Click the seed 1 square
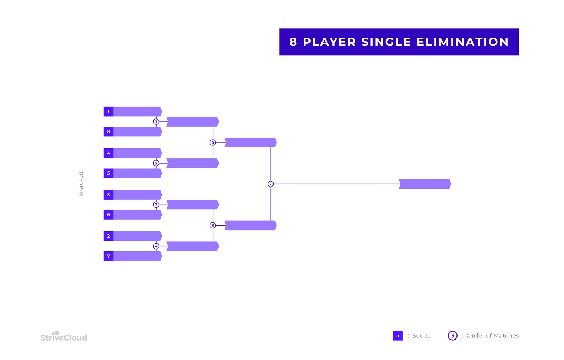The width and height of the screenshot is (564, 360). (108, 112)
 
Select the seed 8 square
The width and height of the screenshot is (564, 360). (108, 132)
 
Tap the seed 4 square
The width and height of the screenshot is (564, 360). (108, 153)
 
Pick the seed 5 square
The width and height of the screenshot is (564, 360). (108, 173)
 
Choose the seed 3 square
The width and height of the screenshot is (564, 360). (108, 195)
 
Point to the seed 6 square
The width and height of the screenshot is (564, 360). (108, 215)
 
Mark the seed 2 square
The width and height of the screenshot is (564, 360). (108, 236)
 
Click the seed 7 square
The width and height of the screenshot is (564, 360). (108, 256)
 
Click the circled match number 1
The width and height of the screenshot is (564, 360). (156, 122)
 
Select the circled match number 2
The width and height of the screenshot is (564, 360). (156, 163)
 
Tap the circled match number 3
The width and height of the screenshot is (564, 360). (156, 205)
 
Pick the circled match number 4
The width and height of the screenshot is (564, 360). (156, 246)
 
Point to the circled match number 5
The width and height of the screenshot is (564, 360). (213, 142)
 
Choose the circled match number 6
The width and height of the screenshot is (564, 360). (213, 225)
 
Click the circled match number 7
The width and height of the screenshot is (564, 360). (271, 184)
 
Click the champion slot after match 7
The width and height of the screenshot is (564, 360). (425, 184)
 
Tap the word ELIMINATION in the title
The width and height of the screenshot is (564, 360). (462, 42)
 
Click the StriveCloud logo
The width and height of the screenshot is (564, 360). (64, 336)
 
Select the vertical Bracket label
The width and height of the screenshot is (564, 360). (81, 184)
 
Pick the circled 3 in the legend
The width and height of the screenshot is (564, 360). (453, 336)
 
